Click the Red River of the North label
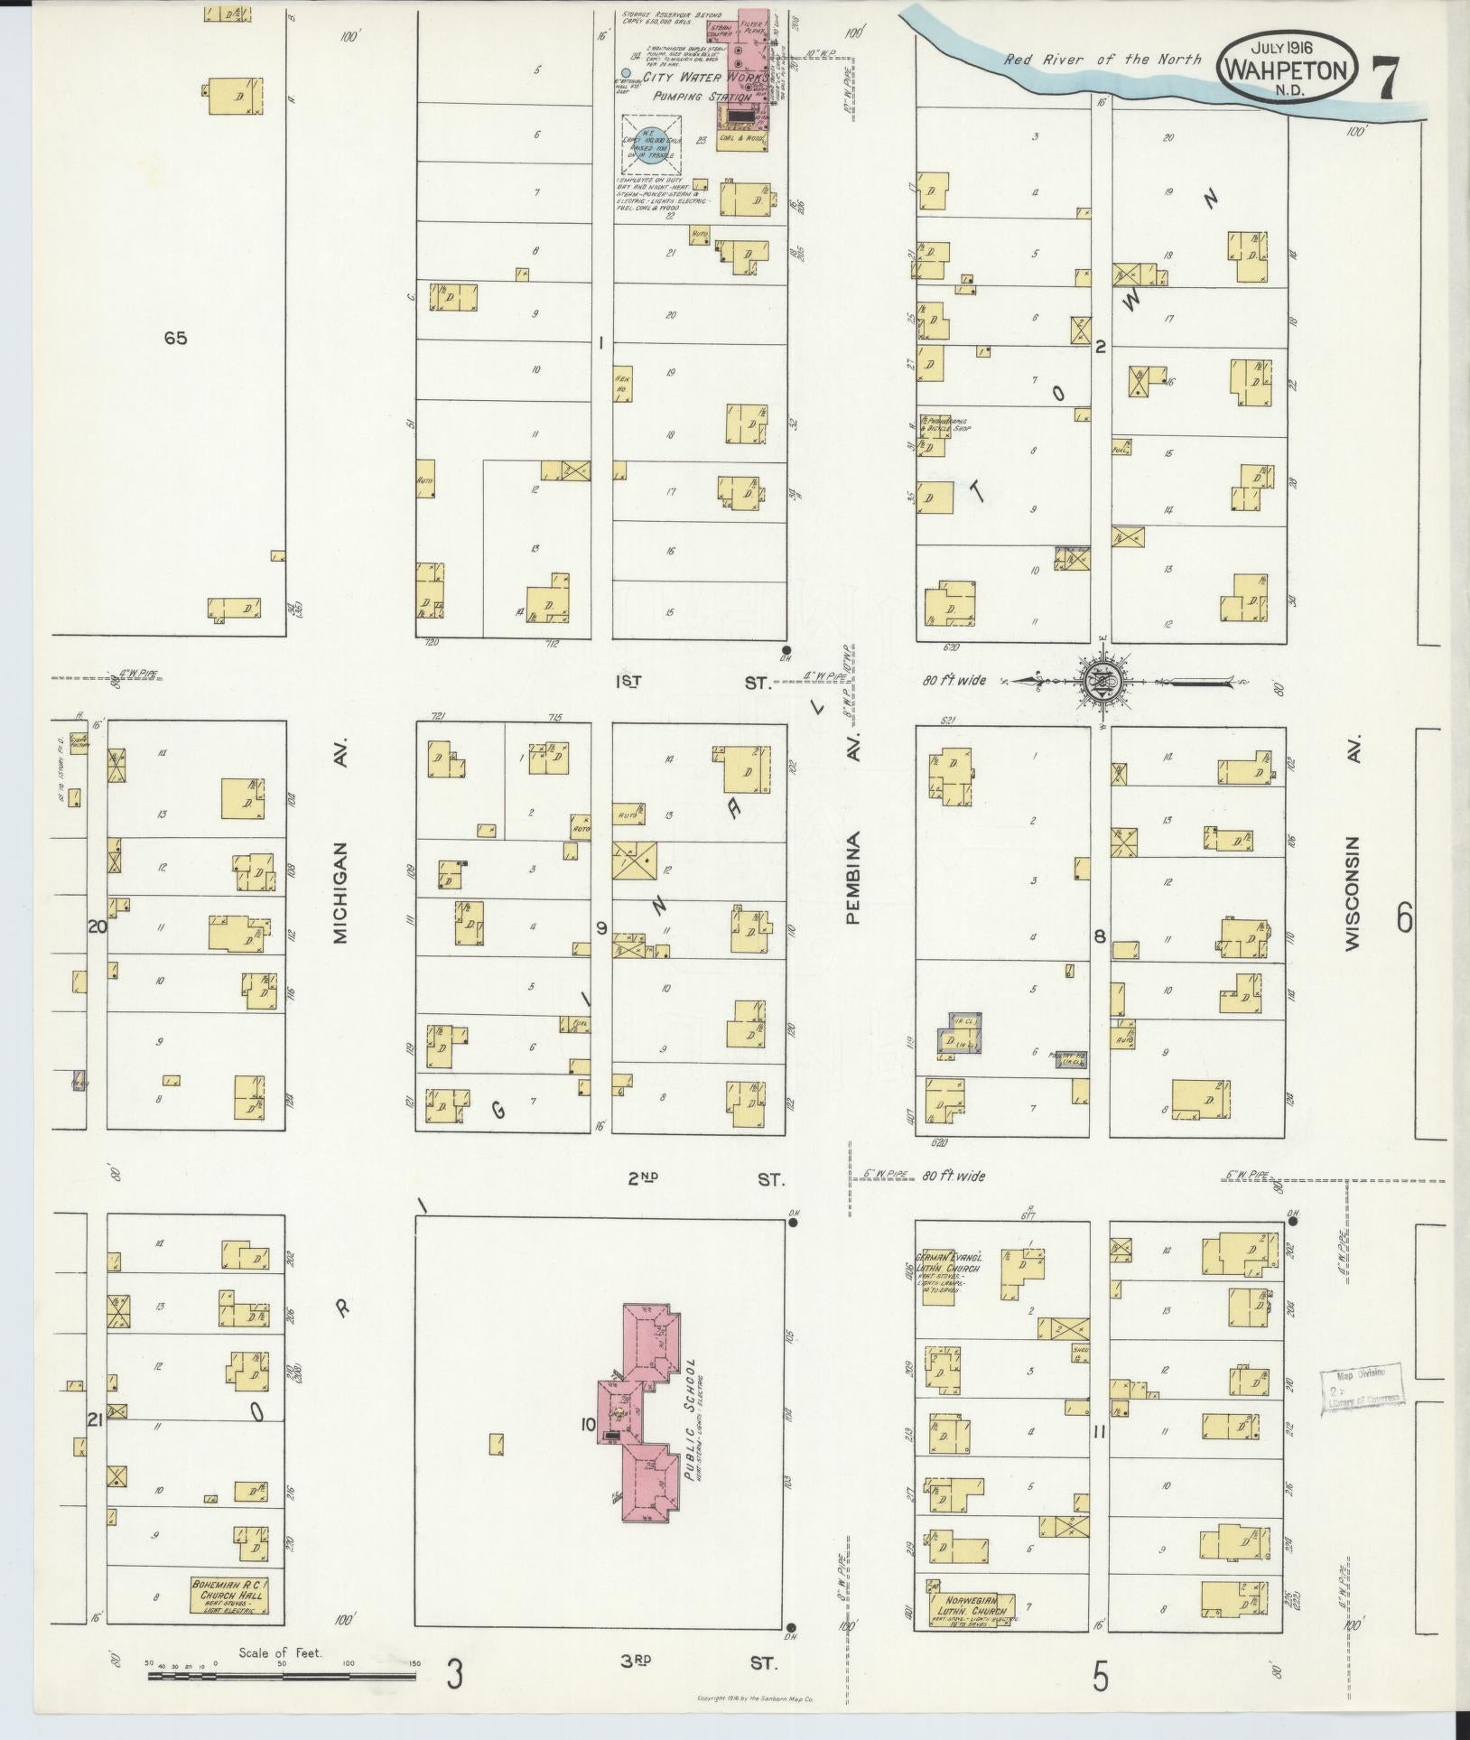(x=1103, y=60)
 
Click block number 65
(x=175, y=338)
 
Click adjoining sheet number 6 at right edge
(x=1403, y=918)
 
